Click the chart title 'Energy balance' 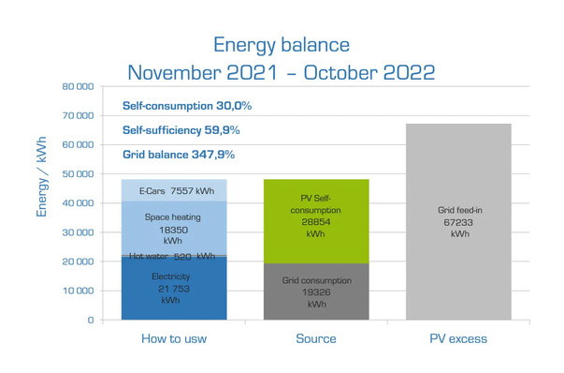281,44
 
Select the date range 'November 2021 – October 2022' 281,72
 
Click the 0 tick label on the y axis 88,320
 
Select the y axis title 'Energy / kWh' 42,173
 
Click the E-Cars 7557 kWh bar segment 174,190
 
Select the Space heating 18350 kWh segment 174,228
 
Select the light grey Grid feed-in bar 458,221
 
